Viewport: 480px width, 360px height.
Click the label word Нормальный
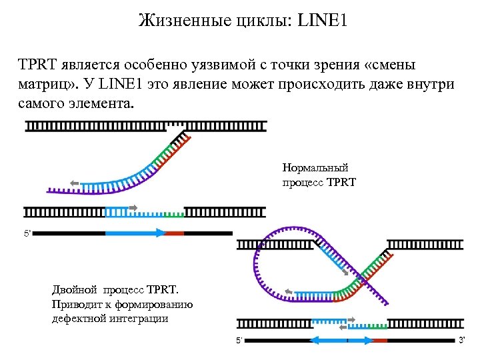315,168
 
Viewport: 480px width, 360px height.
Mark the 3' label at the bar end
461,340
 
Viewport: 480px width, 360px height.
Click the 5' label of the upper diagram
28,233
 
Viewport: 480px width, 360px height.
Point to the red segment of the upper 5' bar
174,233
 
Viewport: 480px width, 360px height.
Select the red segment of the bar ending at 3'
380,340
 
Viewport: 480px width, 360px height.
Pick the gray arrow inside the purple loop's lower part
289,291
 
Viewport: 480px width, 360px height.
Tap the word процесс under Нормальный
303,181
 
